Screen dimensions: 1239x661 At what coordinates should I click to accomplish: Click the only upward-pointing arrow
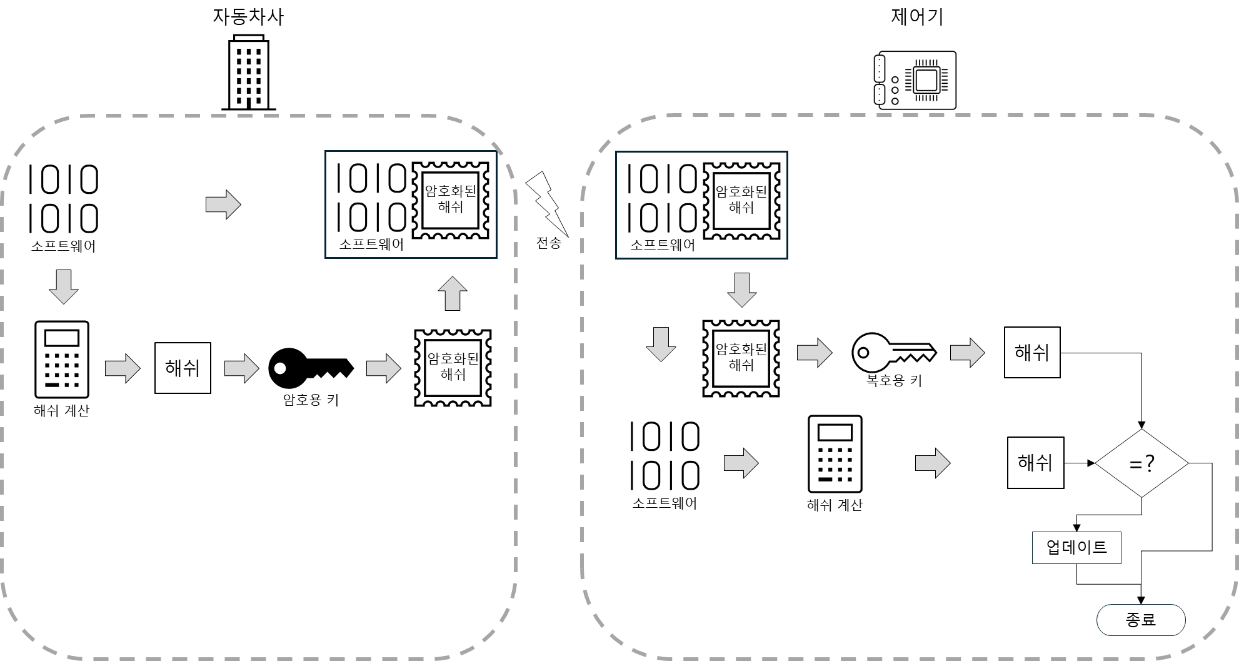tap(453, 293)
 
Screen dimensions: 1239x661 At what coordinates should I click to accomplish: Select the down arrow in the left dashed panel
tap(64, 286)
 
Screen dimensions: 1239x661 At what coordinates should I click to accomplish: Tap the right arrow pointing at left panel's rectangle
tap(223, 204)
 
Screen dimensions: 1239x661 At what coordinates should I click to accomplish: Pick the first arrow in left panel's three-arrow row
tap(123, 368)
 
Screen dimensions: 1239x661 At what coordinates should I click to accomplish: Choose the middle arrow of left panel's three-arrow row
tap(242, 368)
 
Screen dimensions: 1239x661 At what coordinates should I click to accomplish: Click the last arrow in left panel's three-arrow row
tap(383, 368)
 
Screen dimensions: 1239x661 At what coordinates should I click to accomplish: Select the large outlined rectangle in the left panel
tap(411, 204)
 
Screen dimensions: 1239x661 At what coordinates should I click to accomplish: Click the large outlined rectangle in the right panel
tap(701, 205)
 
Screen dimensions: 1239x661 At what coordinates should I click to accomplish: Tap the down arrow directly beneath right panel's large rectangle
tap(742, 290)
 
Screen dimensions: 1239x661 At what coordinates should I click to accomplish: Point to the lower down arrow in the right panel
tap(661, 344)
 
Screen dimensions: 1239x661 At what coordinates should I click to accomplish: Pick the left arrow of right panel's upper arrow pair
tap(815, 353)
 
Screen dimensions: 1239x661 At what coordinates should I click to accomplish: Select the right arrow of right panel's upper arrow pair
tap(967, 353)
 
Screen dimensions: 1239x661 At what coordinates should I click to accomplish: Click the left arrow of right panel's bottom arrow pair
tap(741, 463)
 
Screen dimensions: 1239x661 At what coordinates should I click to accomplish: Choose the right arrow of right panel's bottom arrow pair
tap(933, 463)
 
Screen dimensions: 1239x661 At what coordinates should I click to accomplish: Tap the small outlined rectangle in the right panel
tap(1076, 548)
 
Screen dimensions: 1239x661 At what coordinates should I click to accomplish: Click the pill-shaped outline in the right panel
tap(1141, 620)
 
